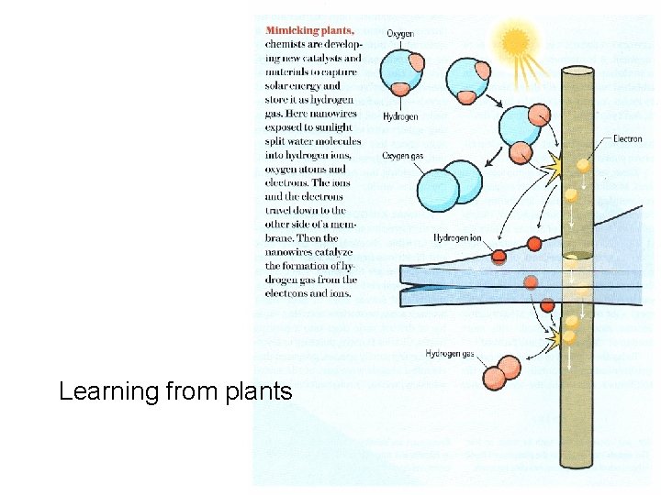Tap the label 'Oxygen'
pos(399,34)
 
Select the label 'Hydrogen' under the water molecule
pos(402,116)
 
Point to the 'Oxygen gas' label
pos(404,156)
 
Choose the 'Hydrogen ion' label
pos(457,238)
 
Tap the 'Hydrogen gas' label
pos(450,353)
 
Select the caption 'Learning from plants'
pos(175,391)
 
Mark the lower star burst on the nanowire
pos(554,340)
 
